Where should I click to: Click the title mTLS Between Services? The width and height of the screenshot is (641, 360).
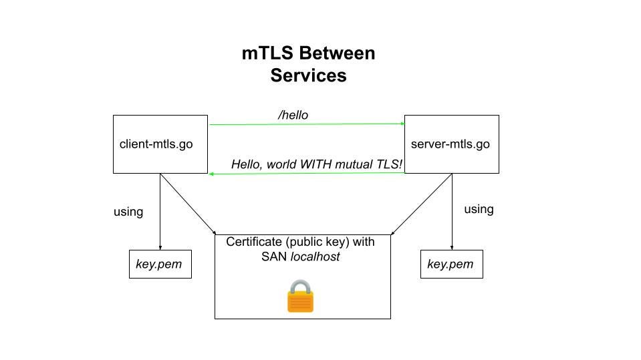point(308,64)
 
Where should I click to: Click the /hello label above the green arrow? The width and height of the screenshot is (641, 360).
point(293,116)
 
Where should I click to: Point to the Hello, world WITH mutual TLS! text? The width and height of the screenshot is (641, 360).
point(317,164)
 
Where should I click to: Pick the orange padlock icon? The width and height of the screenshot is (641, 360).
point(300,297)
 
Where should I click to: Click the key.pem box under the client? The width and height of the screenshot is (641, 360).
point(160,264)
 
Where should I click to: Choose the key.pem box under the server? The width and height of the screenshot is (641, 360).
point(451,264)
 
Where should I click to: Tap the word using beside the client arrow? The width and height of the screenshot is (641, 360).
point(128,212)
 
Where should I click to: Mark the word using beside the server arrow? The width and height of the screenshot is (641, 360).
point(479,209)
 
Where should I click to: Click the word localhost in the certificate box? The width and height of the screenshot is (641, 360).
point(315,256)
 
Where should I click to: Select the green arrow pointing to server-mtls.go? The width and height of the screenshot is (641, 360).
point(307,124)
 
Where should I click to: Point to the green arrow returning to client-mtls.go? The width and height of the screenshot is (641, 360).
point(307,174)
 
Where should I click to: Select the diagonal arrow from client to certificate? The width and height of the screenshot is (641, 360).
point(187,204)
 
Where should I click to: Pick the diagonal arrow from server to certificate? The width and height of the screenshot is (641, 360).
point(422,204)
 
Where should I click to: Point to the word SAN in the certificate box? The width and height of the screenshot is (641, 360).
point(274,256)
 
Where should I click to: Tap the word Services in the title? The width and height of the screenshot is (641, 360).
point(308,75)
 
